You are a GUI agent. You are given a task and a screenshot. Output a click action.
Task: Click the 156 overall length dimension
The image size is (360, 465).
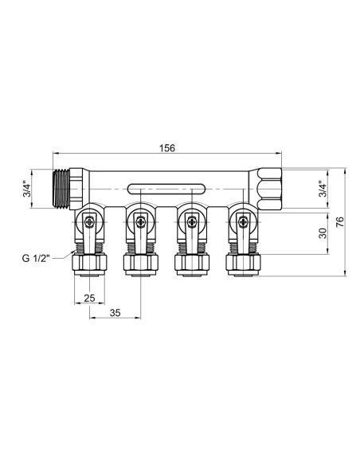point(167,148)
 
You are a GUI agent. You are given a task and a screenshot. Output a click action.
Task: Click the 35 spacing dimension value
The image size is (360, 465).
point(115,314)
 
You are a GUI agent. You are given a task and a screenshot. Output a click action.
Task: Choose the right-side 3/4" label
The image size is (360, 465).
point(321,190)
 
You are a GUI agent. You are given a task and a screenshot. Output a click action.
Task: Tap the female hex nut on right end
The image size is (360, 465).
point(270,189)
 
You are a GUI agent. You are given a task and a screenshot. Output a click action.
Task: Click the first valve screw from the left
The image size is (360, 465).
point(90,221)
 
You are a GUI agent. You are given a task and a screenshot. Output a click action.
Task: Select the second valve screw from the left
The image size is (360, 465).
point(140,221)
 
